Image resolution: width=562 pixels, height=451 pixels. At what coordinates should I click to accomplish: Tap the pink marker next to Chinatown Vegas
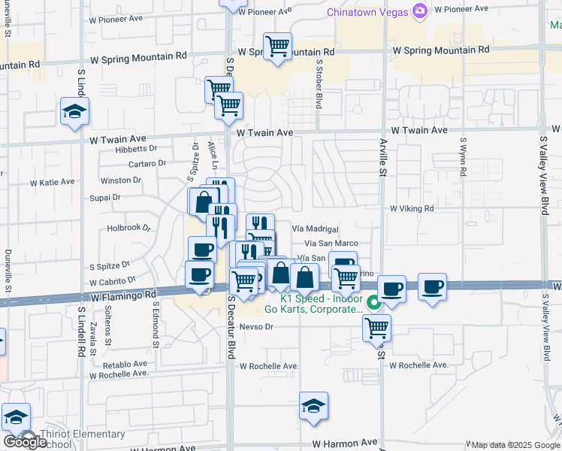tap(420, 11)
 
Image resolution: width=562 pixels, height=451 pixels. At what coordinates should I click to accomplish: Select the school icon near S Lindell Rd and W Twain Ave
tap(74, 112)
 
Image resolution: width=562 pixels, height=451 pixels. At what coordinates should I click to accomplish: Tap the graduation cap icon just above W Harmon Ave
tap(313, 406)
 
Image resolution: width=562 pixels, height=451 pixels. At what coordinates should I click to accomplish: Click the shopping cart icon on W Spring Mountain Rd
tap(278, 47)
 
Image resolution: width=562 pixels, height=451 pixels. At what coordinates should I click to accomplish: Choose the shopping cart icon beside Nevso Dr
tap(376, 327)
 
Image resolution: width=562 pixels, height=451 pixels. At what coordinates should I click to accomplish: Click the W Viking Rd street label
tap(412, 208)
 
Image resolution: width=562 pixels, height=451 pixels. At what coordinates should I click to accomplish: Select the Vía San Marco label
tap(331, 244)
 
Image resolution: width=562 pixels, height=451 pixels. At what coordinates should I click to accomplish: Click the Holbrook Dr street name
tap(129, 227)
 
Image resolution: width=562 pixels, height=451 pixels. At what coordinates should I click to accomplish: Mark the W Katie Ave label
tap(53, 182)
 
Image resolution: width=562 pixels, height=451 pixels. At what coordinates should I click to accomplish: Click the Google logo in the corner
tap(25, 442)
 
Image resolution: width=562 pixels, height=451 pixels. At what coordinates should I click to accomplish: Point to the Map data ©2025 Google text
tap(515, 445)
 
